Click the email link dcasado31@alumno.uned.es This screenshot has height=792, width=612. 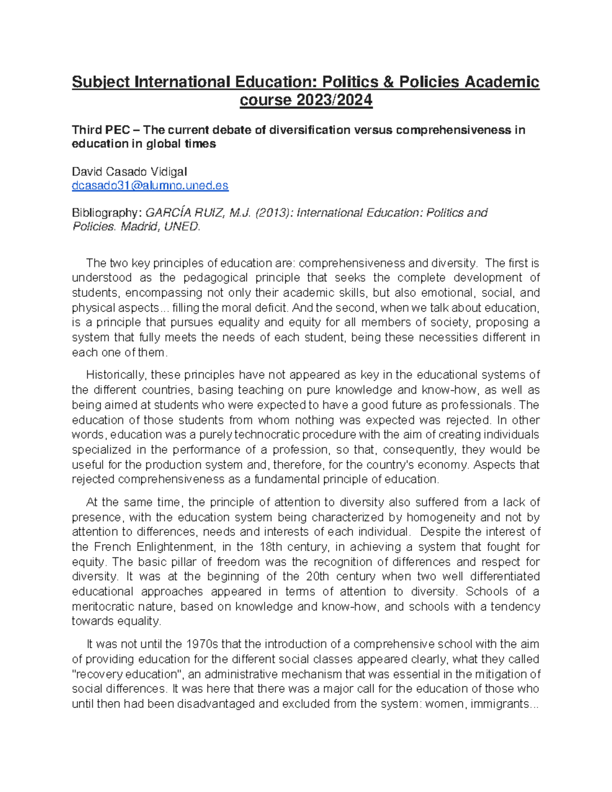150,186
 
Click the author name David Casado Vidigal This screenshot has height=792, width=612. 130,172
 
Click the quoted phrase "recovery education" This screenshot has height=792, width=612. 128,674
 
